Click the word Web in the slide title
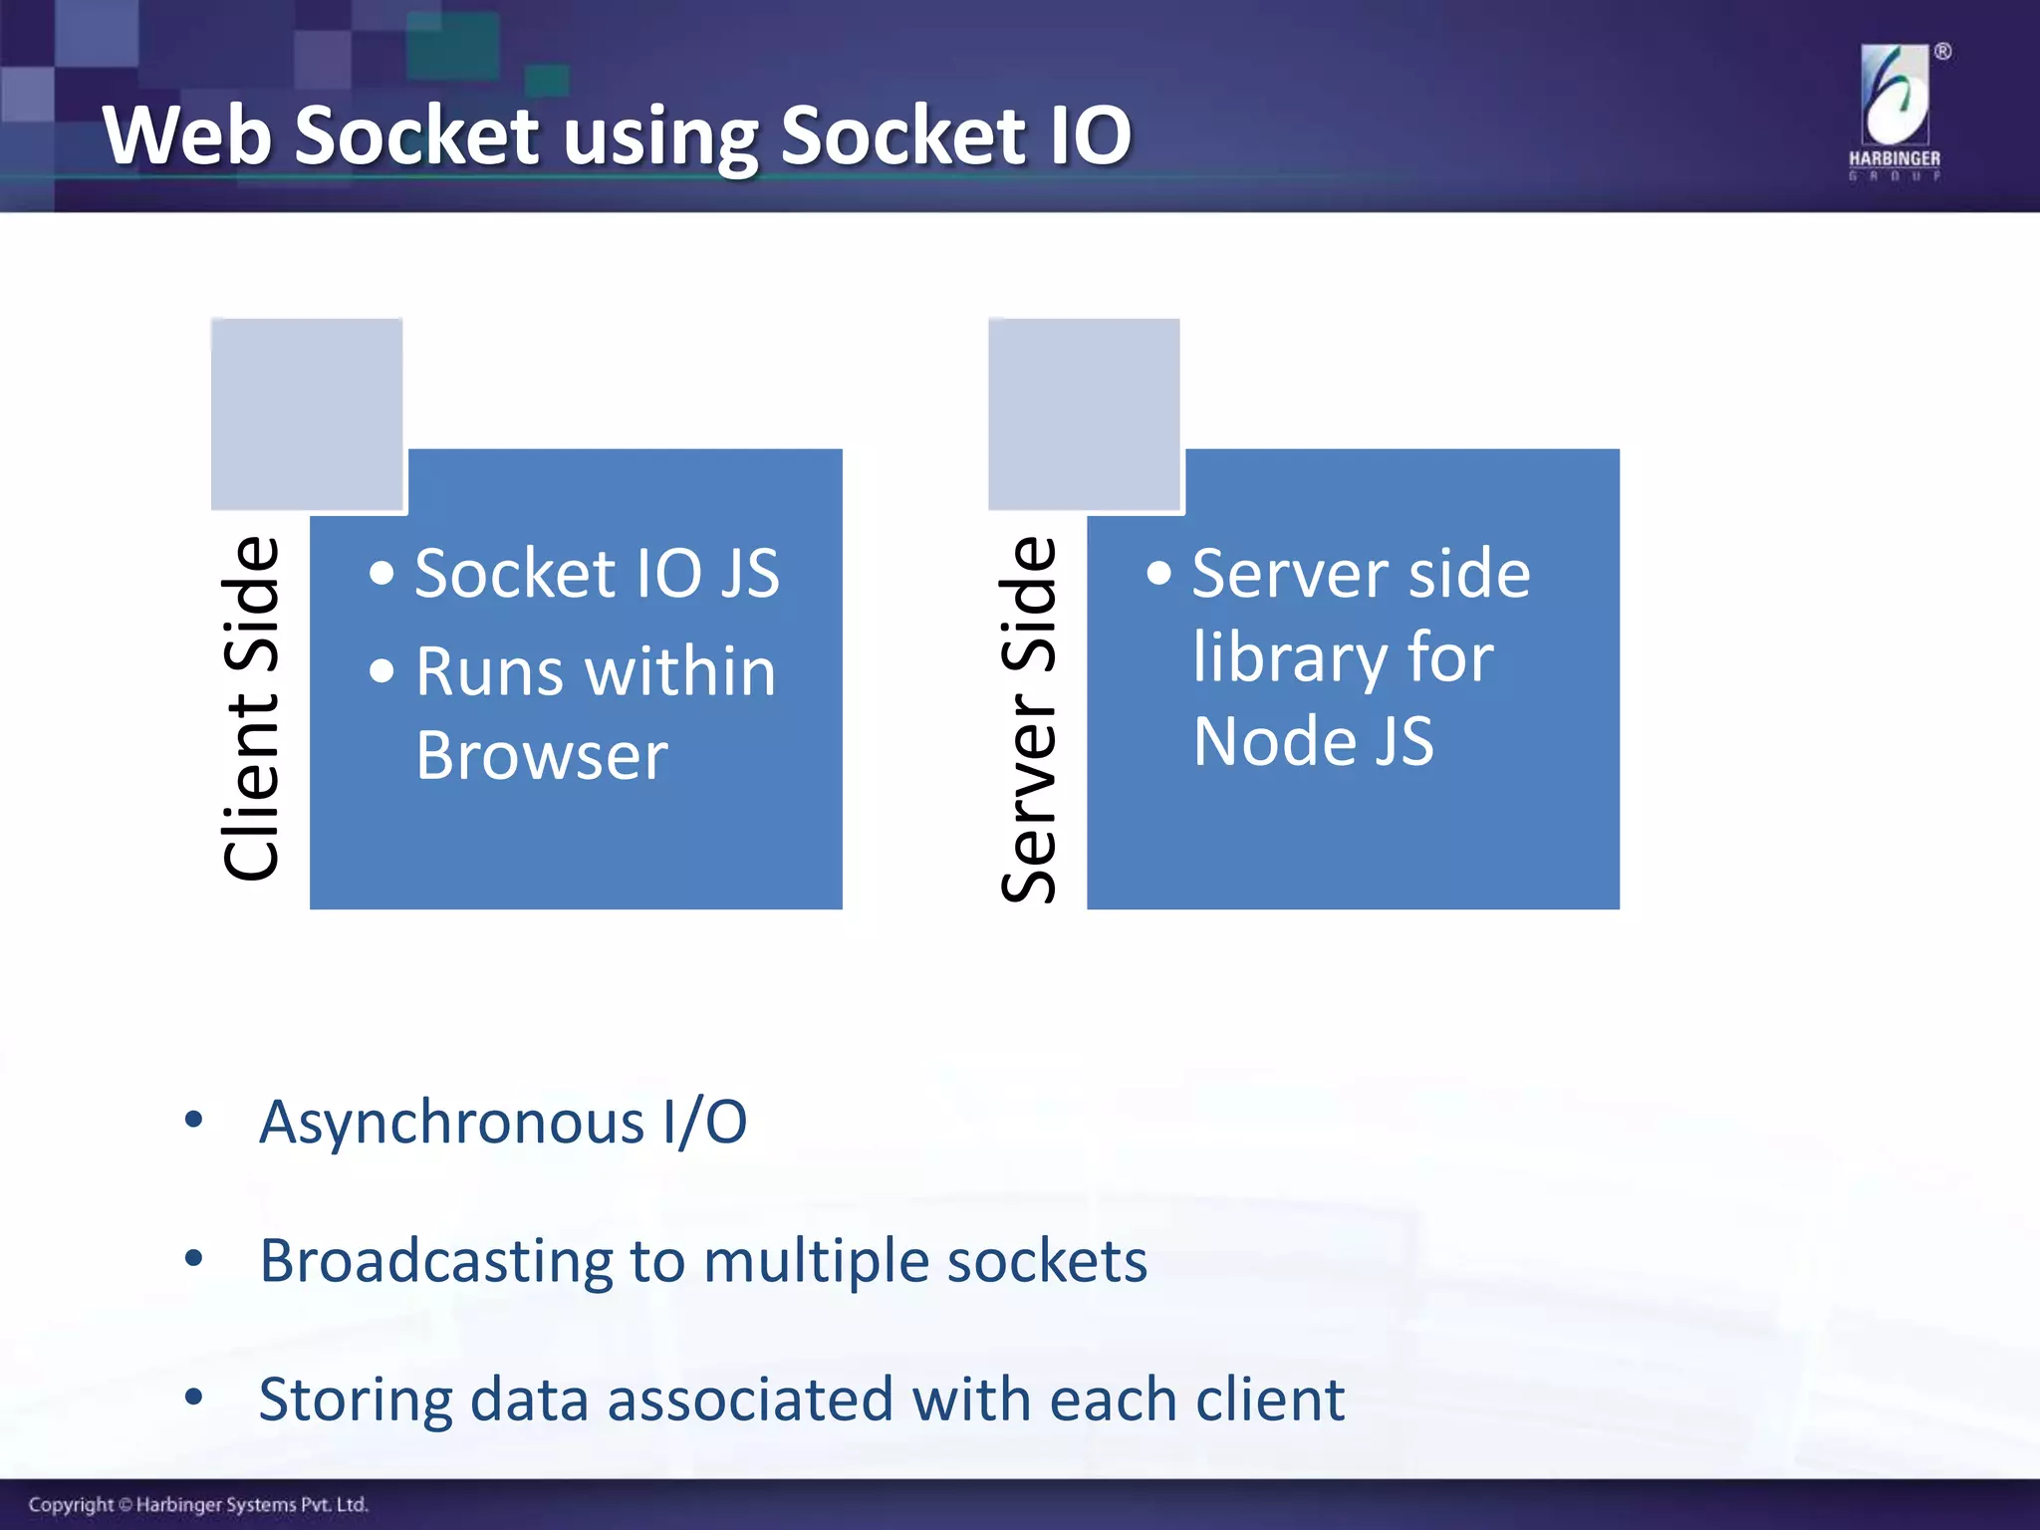pyautogui.click(x=186, y=135)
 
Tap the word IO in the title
pyautogui.click(x=1091, y=135)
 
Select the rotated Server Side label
pyautogui.click(x=1028, y=719)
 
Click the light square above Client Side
pyautogui.click(x=307, y=413)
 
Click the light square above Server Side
pyautogui.click(x=1084, y=413)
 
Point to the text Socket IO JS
pyautogui.click(x=596, y=574)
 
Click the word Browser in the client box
pyautogui.click(x=541, y=755)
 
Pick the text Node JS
pyautogui.click(x=1313, y=742)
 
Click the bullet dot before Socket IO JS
pyautogui.click(x=382, y=574)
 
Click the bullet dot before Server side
pyautogui.click(x=1158, y=574)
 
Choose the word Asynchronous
pyautogui.click(x=451, y=1124)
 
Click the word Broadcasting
pyautogui.click(x=435, y=1261)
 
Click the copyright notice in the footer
pyautogui.click(x=198, y=1504)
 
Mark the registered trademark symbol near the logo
pyautogui.click(x=1942, y=52)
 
